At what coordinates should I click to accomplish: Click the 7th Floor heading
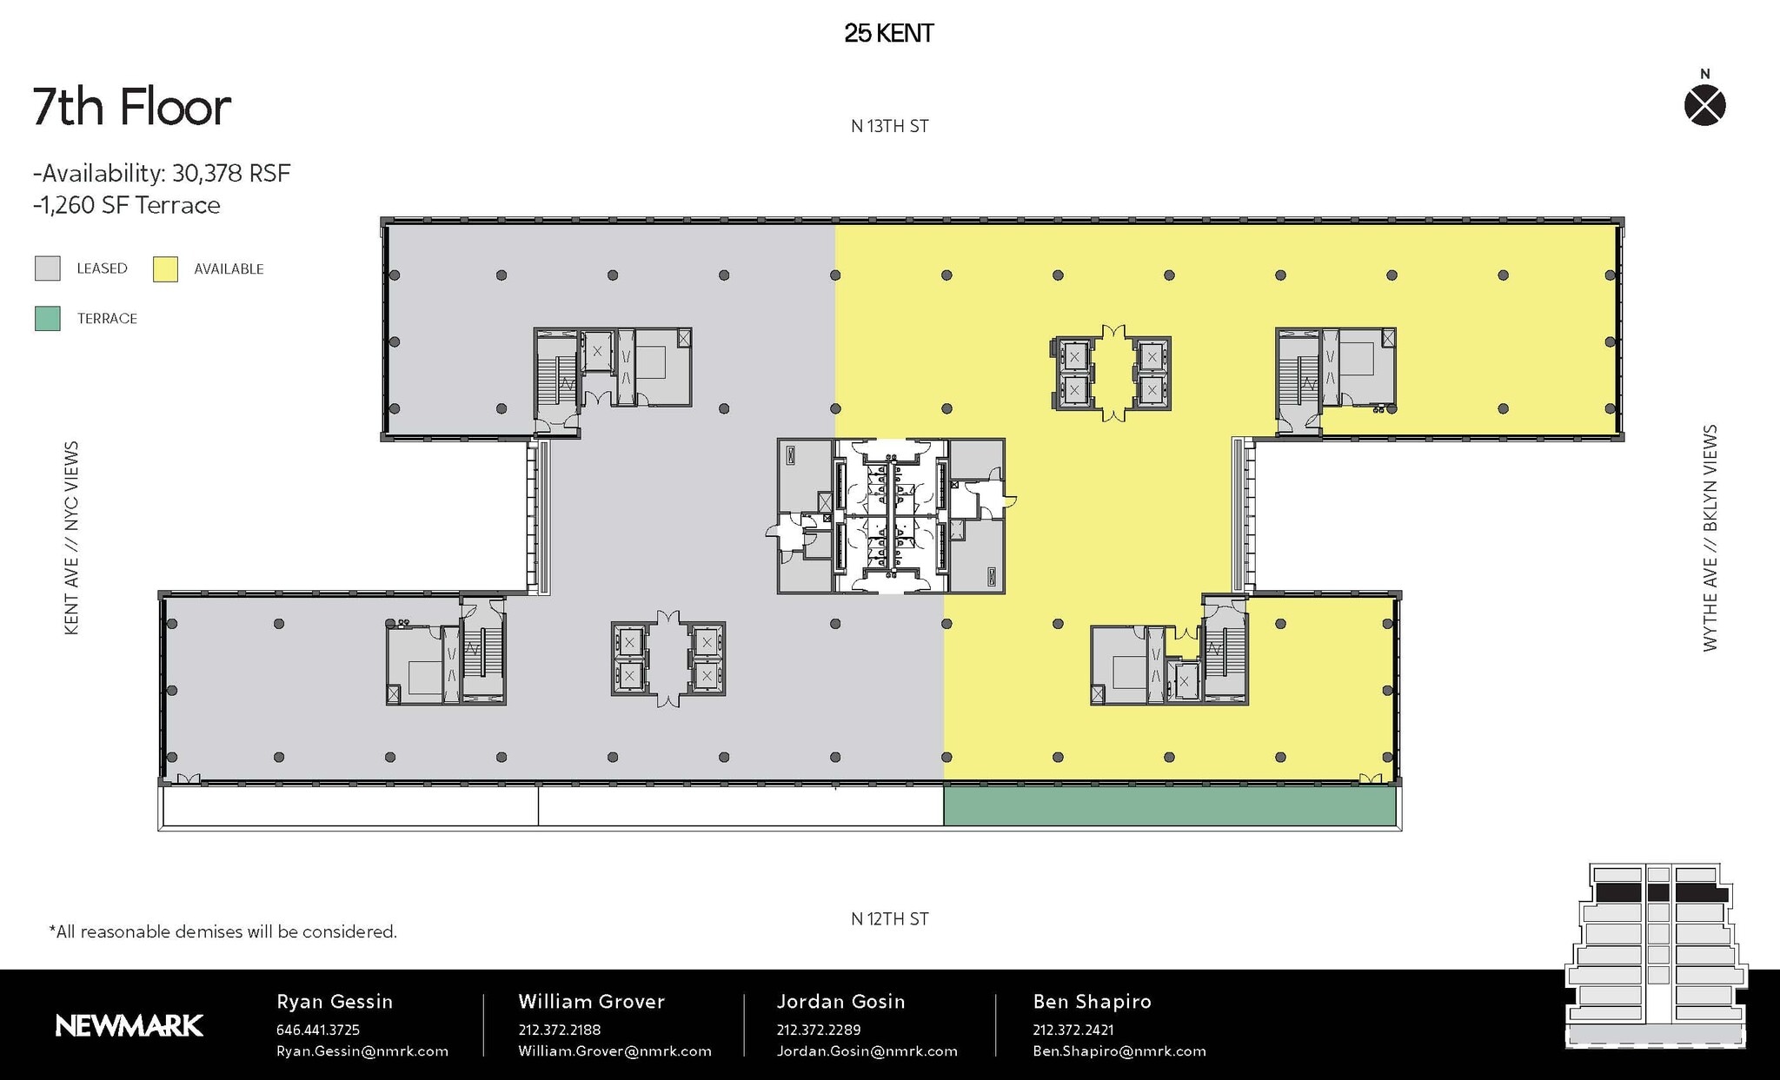click(132, 107)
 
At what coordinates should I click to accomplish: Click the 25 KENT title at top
click(888, 34)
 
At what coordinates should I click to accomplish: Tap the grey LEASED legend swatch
click(48, 268)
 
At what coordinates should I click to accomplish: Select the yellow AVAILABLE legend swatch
click(165, 269)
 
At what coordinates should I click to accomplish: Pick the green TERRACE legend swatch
click(48, 319)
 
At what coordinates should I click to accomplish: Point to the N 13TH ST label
click(889, 127)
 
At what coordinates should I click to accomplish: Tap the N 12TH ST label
click(889, 919)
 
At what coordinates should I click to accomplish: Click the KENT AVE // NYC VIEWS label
click(72, 538)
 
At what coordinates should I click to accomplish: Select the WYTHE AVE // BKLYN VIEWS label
click(1710, 538)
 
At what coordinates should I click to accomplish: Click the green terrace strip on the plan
click(1169, 806)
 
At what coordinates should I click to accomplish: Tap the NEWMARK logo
click(129, 1026)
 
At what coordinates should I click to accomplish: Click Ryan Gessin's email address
click(362, 1051)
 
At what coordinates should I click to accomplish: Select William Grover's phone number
click(559, 1030)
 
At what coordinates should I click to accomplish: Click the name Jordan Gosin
click(840, 1002)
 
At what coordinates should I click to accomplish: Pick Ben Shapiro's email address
click(1119, 1051)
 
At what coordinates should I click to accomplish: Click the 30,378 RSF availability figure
click(230, 174)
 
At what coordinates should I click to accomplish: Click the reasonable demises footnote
click(223, 932)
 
